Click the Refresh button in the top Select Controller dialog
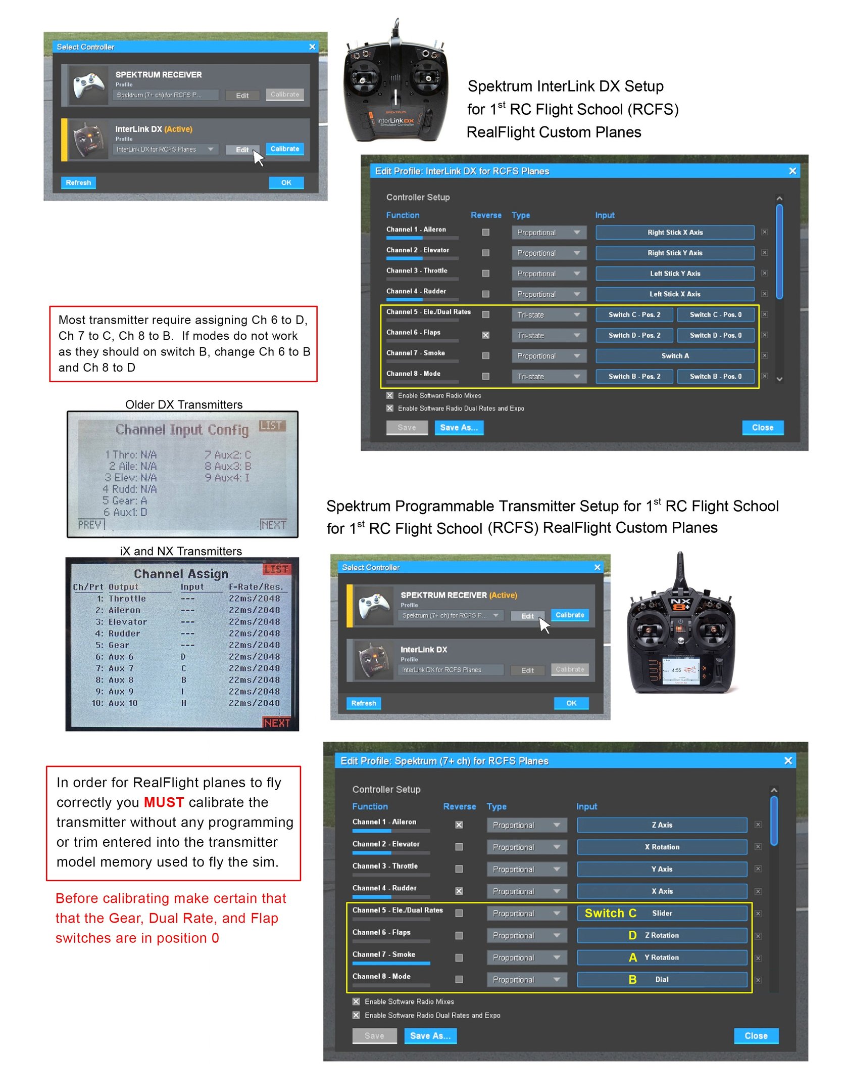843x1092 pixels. pos(78,183)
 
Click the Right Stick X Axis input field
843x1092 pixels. pos(674,233)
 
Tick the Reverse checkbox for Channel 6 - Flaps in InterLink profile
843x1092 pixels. pos(485,335)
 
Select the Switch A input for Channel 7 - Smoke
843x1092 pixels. pos(674,356)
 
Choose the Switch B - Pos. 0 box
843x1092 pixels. pos(715,377)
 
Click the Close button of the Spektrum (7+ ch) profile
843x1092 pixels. pos(755,1036)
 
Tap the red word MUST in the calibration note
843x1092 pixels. pos(164,802)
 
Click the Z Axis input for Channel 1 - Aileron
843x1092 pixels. pos(661,825)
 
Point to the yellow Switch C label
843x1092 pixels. pos(610,913)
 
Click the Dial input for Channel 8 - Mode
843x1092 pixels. pos(661,980)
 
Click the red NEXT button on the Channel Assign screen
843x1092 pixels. pos(277,723)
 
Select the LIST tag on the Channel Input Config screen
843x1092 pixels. pos(272,426)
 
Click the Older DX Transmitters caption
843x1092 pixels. pos(184,404)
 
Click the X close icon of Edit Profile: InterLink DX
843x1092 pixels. pos(792,171)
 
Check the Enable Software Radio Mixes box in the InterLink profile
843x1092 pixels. pos(390,395)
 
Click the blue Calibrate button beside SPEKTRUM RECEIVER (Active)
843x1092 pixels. pos(569,615)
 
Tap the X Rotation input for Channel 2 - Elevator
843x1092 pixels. pos(661,847)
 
